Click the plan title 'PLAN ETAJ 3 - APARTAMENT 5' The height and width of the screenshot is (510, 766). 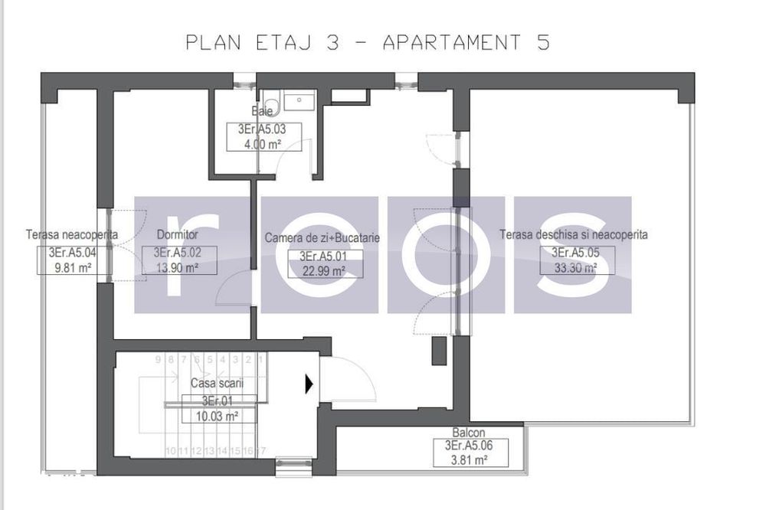pyautogui.click(x=368, y=43)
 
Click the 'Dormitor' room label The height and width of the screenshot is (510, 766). pyautogui.click(x=177, y=234)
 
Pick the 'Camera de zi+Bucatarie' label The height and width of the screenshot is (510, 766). pyautogui.click(x=322, y=238)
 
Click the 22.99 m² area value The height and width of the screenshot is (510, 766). pyautogui.click(x=322, y=270)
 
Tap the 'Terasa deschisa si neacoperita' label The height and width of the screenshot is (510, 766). pyautogui.click(x=573, y=234)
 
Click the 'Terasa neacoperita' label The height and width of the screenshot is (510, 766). pyautogui.click(x=71, y=234)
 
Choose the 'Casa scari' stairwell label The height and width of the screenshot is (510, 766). pyautogui.click(x=212, y=382)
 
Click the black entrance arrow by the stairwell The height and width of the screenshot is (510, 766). pyautogui.click(x=309, y=384)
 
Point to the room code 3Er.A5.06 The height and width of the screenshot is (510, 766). pyautogui.click(x=468, y=446)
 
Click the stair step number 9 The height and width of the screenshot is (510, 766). pyautogui.click(x=159, y=358)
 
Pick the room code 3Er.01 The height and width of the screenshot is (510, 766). pyautogui.click(x=217, y=400)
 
